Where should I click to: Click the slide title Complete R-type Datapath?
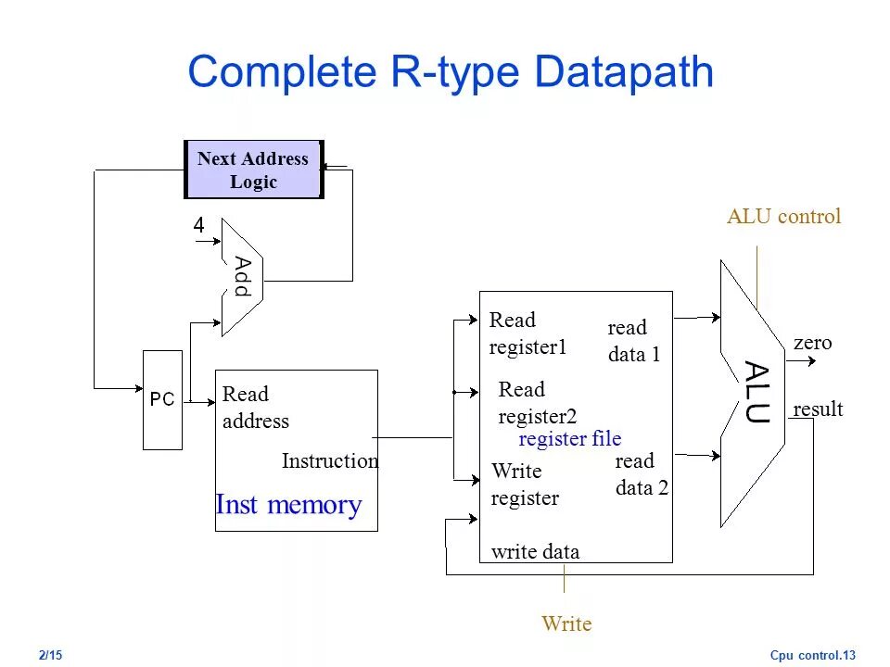451,72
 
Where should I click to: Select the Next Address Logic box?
253,170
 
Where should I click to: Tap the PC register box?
162,400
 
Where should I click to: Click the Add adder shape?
242,277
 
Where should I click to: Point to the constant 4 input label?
198,225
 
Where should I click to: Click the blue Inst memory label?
288,505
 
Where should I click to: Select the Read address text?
256,408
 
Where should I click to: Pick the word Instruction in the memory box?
330,461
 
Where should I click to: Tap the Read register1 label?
527,333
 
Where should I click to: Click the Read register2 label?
537,403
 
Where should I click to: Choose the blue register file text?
569,439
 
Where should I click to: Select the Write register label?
525,485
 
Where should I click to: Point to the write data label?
535,552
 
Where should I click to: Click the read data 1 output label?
633,341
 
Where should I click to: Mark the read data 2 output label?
642,474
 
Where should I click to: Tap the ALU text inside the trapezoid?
756,393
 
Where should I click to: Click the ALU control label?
783,217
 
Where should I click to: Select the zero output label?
812,343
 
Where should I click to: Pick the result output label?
818,409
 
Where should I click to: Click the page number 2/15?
51,656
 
